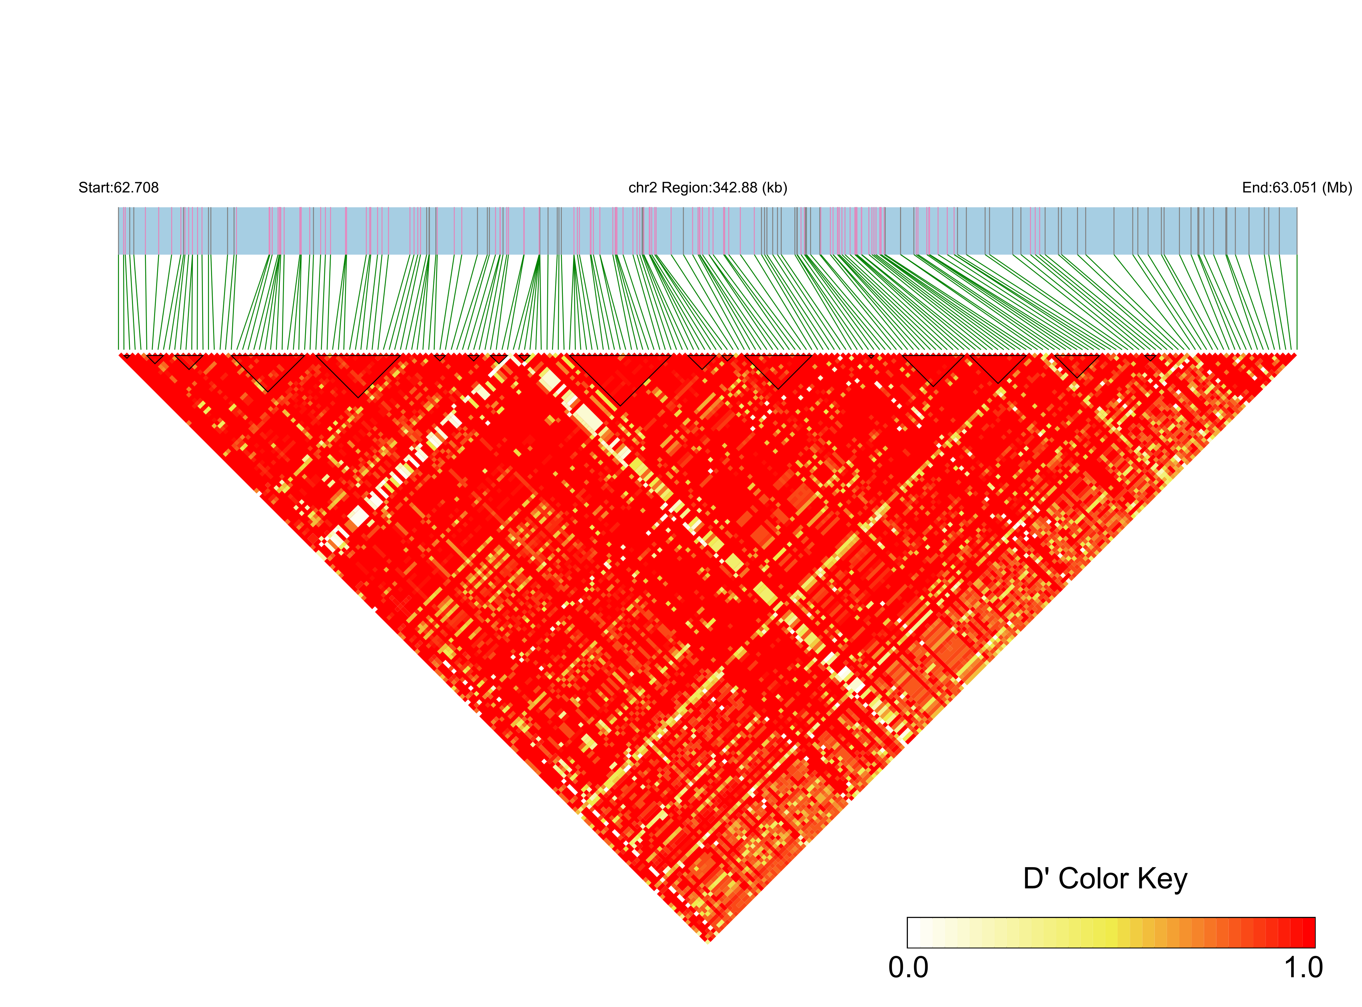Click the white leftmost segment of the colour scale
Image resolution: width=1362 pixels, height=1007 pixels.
pyautogui.click(x=914, y=933)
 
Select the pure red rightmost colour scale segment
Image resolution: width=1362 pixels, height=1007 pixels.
pyautogui.click(x=1308, y=933)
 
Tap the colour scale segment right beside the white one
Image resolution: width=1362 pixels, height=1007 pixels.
pyautogui.click(x=926, y=933)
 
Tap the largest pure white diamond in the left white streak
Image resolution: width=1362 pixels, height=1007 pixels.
pyautogui.click(x=359, y=518)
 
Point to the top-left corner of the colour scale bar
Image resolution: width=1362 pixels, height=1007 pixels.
pyautogui.click(x=908, y=918)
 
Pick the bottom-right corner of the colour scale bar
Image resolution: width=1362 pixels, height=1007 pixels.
pyautogui.click(x=1315, y=947)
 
